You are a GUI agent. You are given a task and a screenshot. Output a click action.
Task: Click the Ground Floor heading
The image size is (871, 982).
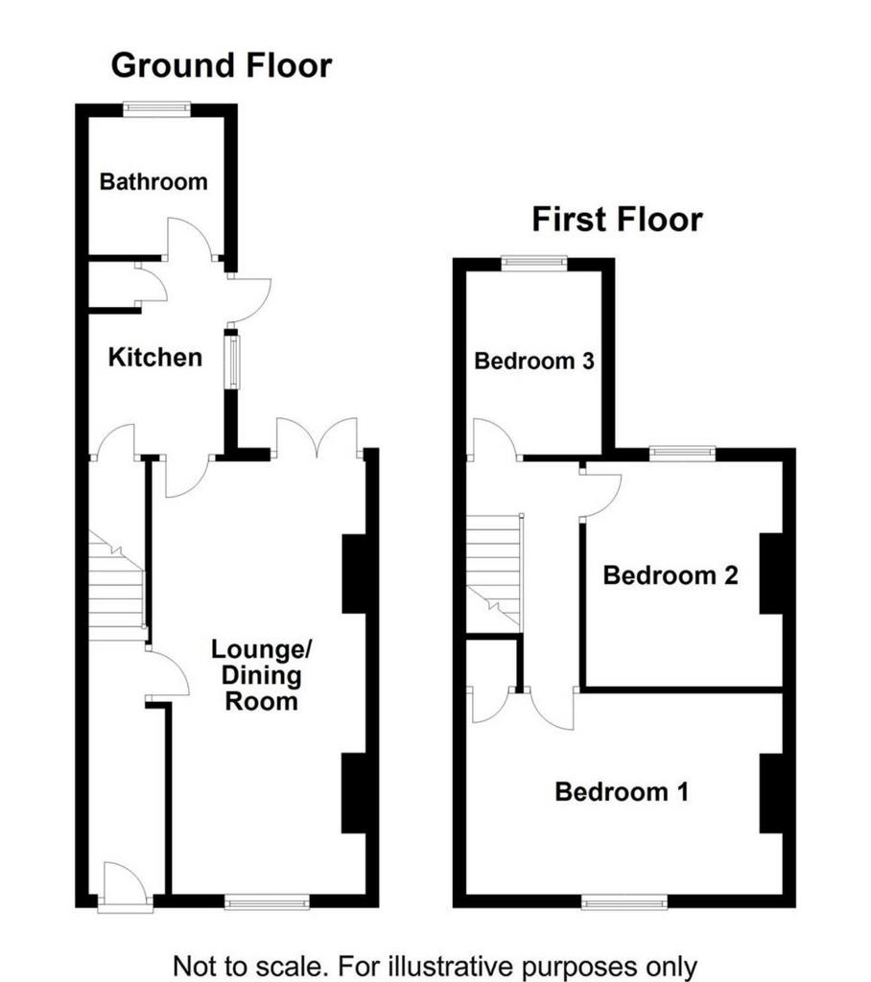[222, 66]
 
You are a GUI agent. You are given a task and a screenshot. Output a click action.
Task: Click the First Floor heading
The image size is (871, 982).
[617, 220]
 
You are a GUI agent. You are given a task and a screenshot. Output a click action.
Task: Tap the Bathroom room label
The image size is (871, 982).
[153, 181]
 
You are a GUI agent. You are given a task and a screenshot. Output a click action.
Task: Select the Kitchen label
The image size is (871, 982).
[155, 357]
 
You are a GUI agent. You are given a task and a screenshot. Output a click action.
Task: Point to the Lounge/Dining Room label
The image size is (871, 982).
[261, 674]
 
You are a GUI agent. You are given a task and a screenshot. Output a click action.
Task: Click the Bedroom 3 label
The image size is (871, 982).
[534, 361]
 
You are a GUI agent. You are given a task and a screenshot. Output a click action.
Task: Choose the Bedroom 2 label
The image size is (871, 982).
[671, 575]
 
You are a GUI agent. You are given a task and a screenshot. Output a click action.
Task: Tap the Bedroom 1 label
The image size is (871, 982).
[622, 791]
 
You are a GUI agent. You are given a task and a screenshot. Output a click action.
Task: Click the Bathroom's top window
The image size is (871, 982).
[156, 109]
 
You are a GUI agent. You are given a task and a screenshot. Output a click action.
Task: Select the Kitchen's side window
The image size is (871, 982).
[232, 362]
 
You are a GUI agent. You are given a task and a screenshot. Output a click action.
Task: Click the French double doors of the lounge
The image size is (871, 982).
[318, 438]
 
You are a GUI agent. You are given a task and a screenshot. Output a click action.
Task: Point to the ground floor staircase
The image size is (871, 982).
[117, 586]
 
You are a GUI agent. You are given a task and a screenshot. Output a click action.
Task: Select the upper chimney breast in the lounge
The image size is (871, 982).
[353, 573]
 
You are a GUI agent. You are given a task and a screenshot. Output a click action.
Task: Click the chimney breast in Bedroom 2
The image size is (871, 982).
[771, 573]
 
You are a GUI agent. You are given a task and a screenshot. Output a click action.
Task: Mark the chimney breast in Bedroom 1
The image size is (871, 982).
[771, 793]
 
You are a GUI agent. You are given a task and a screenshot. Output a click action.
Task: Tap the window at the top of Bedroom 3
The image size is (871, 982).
[534, 264]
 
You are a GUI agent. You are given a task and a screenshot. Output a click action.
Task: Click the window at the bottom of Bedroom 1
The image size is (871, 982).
[624, 901]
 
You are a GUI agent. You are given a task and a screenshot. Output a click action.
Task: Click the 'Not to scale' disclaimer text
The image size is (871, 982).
[435, 966]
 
